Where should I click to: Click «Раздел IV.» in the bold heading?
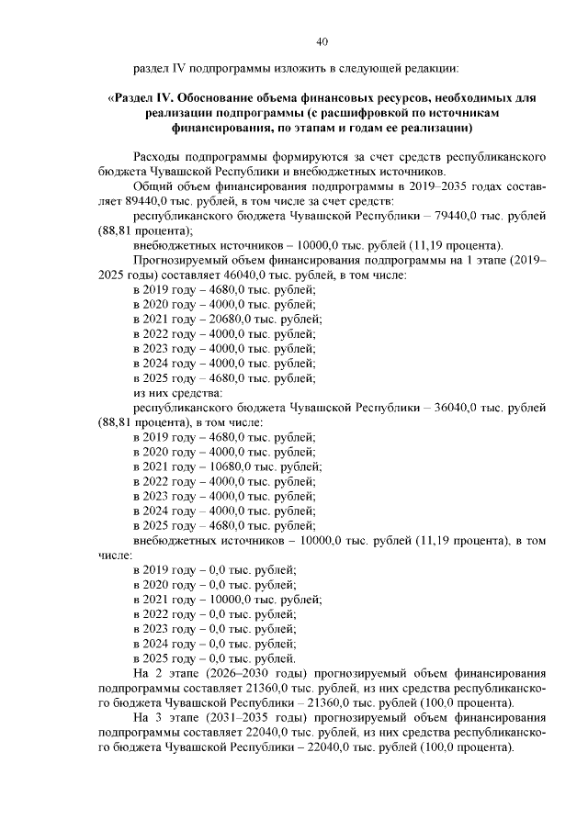(139, 96)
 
